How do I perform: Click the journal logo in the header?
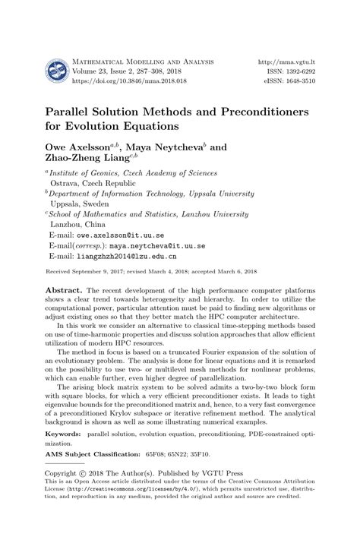click(x=56, y=72)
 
